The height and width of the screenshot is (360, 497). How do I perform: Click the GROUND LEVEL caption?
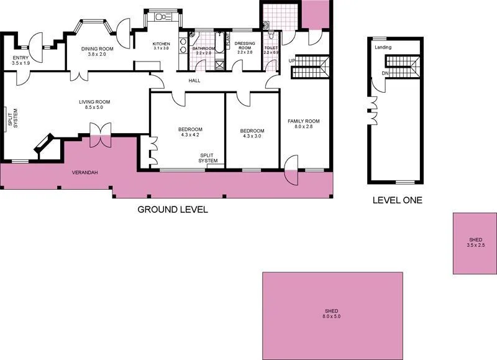172,210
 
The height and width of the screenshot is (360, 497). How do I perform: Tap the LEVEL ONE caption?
397,200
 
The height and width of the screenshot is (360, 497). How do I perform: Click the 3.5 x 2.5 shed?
475,242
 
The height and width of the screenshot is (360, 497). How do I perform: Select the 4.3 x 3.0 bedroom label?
252,134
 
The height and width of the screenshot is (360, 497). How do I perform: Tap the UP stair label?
292,60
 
